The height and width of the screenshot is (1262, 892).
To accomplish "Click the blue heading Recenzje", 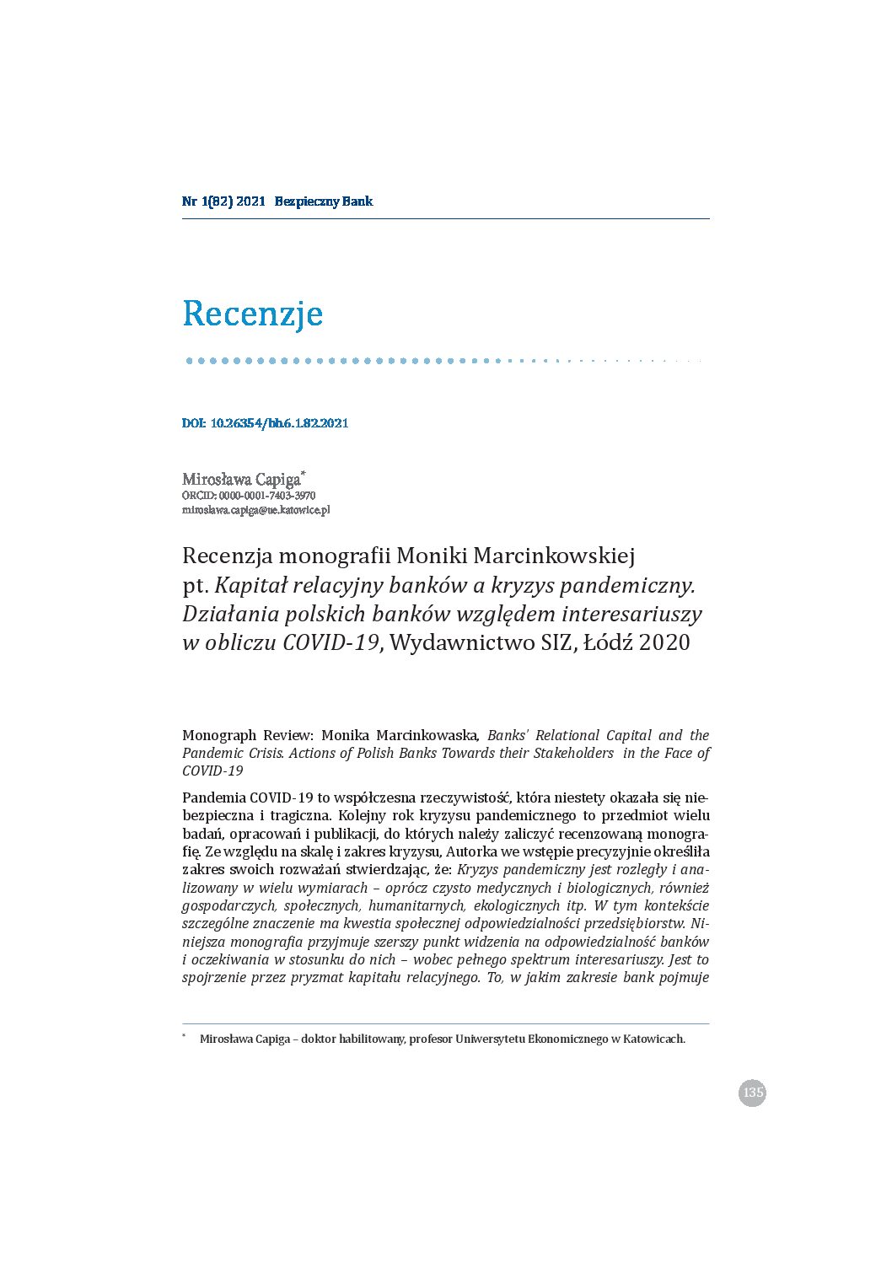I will point(253,314).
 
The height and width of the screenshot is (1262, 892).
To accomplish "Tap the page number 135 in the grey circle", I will point(752,1093).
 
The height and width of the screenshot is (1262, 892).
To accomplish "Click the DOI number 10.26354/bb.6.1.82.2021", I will point(279,423).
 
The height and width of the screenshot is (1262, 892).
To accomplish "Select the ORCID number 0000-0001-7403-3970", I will point(267,496).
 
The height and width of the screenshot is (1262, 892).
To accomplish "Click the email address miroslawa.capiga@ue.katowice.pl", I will point(255,510).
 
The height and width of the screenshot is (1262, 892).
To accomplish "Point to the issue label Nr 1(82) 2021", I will point(223,201).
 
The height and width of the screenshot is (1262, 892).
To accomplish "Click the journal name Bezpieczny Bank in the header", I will point(324,201).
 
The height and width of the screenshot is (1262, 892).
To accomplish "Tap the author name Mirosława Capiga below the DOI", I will point(241,480).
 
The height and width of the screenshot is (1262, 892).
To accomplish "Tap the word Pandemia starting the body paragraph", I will point(214,797).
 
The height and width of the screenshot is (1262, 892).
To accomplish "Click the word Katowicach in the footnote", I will point(653,1039).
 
